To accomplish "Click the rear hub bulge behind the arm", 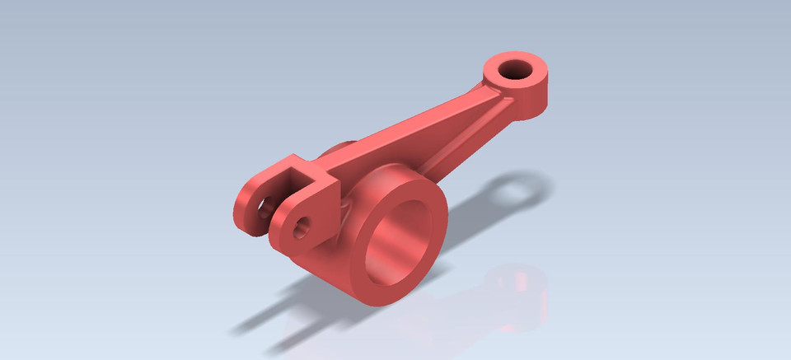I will (338, 152).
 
